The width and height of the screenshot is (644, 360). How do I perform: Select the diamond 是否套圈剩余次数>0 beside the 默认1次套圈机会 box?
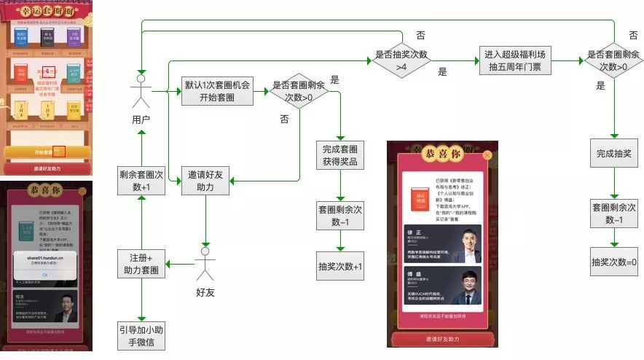(299, 91)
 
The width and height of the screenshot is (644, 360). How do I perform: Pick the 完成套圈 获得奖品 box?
(339, 155)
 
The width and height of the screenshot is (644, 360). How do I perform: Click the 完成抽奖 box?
(613, 154)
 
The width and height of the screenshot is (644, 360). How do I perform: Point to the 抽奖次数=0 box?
(613, 262)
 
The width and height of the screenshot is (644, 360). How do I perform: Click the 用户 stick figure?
(141, 90)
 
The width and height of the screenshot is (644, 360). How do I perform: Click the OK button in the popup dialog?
(45, 274)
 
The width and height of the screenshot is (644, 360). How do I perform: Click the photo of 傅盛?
(464, 286)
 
